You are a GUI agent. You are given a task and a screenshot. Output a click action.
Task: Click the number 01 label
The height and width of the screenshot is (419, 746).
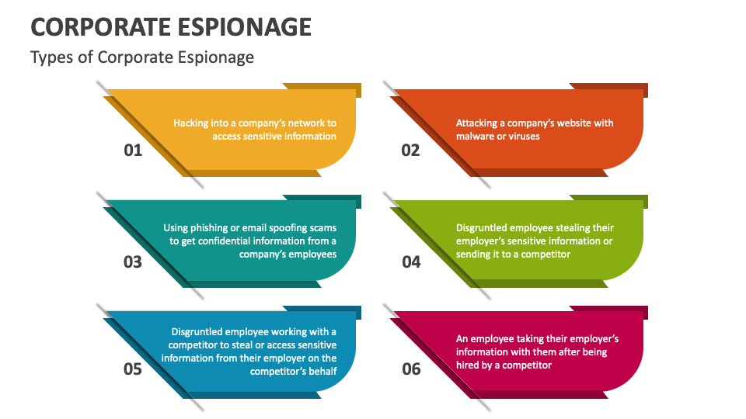(x=133, y=150)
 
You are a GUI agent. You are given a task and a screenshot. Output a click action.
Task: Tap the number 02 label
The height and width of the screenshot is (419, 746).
(x=410, y=150)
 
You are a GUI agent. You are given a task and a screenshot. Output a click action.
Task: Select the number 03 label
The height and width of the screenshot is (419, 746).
(x=133, y=261)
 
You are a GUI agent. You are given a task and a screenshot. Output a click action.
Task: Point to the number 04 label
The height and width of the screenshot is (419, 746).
(x=410, y=261)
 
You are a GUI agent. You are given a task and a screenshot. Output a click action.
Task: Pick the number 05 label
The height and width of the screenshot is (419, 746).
(x=133, y=369)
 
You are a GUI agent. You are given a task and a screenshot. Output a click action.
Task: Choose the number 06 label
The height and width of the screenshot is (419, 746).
(x=410, y=369)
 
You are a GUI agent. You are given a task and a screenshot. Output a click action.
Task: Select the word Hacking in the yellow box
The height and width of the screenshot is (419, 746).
(x=191, y=123)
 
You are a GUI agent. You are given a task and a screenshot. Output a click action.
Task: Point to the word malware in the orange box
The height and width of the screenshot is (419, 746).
(x=476, y=136)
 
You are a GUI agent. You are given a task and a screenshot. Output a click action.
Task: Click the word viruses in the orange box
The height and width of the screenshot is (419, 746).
(x=524, y=136)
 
